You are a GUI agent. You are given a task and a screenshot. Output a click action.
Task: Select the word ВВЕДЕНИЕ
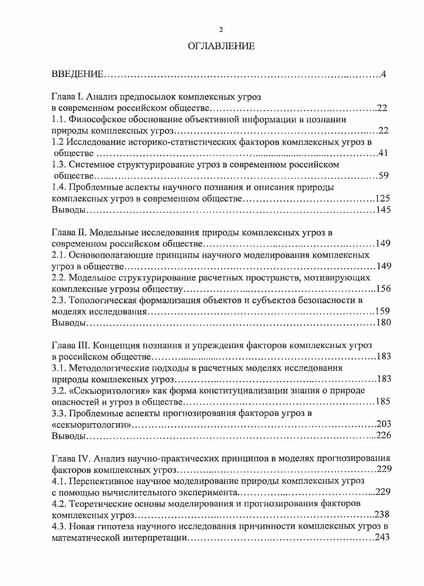click(77, 73)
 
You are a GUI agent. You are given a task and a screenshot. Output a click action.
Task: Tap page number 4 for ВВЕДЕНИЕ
click(383, 73)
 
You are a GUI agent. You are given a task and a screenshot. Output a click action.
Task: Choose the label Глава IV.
click(71, 458)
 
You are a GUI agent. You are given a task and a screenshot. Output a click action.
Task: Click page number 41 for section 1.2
click(385, 153)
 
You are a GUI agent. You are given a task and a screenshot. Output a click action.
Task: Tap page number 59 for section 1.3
click(385, 176)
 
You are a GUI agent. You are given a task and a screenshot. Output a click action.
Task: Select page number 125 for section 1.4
click(383, 199)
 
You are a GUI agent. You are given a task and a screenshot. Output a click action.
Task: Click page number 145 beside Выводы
click(383, 210)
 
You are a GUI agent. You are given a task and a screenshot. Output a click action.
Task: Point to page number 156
click(383, 288)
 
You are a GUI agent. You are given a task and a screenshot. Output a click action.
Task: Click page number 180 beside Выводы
click(383, 322)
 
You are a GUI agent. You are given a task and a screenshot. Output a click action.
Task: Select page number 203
click(383, 424)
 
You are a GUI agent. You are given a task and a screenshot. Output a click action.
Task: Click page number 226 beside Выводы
click(383, 435)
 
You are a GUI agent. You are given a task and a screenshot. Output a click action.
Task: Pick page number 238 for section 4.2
click(382, 514)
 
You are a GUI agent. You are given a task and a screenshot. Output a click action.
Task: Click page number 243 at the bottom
click(382, 537)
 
